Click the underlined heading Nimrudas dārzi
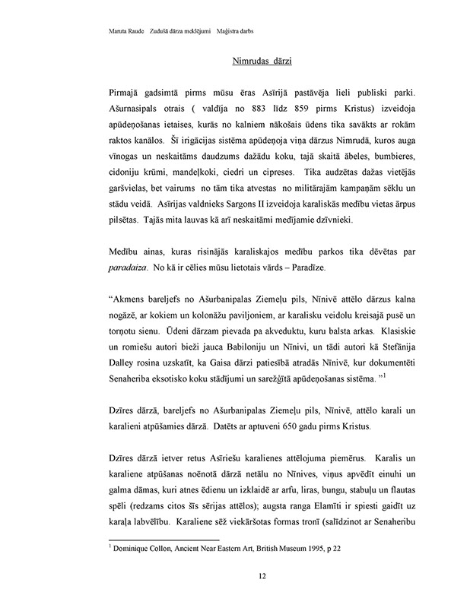(261, 59)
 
